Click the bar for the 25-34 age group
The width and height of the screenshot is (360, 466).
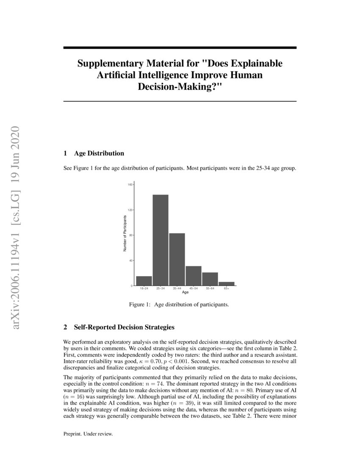coord(161,240)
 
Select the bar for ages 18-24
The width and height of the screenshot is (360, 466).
coord(144,281)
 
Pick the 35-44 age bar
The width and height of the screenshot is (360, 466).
coord(177,259)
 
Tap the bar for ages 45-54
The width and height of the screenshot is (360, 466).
coord(194,276)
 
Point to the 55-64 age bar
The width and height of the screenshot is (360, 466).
coord(210,279)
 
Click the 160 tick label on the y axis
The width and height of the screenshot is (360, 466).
coord(130,185)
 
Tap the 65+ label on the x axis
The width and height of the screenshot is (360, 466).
coord(227,288)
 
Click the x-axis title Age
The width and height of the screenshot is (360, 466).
coord(185,292)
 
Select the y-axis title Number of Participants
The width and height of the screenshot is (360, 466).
coord(125,233)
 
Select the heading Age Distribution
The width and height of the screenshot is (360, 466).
coord(99,153)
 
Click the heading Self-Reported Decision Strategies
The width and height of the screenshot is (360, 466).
coord(124,327)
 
